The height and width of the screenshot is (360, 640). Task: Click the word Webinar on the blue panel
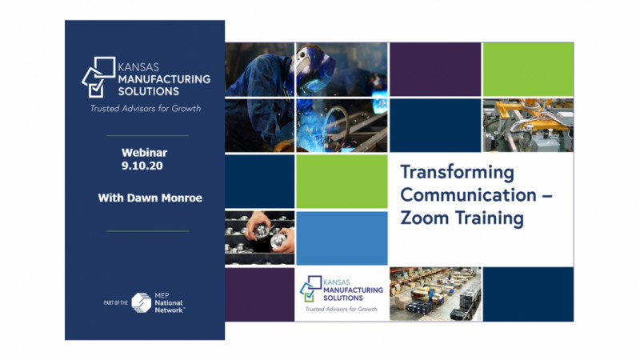[x=145, y=153]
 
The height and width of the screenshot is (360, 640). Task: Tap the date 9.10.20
[x=142, y=166]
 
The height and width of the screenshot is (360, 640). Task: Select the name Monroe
[x=182, y=198]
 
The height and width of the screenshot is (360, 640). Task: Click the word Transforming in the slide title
[x=457, y=172]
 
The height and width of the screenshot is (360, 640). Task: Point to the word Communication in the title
[x=468, y=195]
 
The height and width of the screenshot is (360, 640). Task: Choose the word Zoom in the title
[x=425, y=218]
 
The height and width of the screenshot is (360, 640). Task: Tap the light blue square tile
[x=342, y=238]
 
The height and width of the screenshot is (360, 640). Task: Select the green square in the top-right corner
[x=528, y=70]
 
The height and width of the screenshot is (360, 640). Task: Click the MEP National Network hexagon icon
[x=142, y=303]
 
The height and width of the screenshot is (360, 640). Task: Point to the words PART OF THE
[x=115, y=303]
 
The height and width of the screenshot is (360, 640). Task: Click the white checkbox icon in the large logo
[x=96, y=88]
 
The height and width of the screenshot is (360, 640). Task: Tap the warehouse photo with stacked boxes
[x=435, y=294]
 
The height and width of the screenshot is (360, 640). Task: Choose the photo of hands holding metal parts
[x=259, y=238]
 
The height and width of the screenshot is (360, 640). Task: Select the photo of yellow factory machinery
[x=528, y=126]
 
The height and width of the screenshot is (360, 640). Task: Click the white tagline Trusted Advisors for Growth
[x=146, y=109]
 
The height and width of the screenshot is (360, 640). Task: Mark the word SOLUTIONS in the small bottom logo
[x=343, y=298]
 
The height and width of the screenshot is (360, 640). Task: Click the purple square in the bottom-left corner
[x=259, y=294]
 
